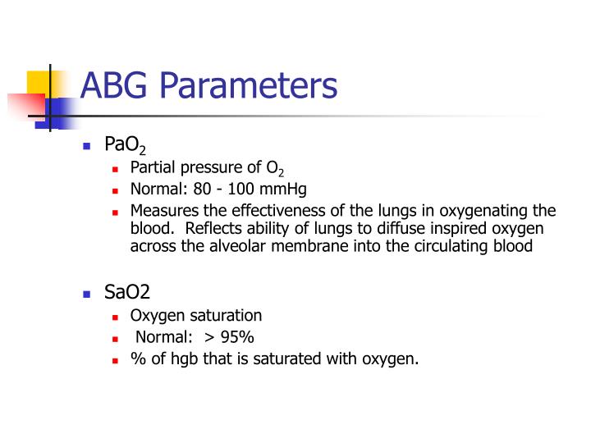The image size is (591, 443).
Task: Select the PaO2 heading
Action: [125, 146]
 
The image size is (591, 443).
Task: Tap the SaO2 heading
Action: [127, 293]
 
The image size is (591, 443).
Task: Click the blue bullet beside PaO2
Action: [86, 147]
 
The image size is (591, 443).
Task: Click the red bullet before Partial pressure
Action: [116, 168]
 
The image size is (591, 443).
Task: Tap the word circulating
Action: [462, 246]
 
